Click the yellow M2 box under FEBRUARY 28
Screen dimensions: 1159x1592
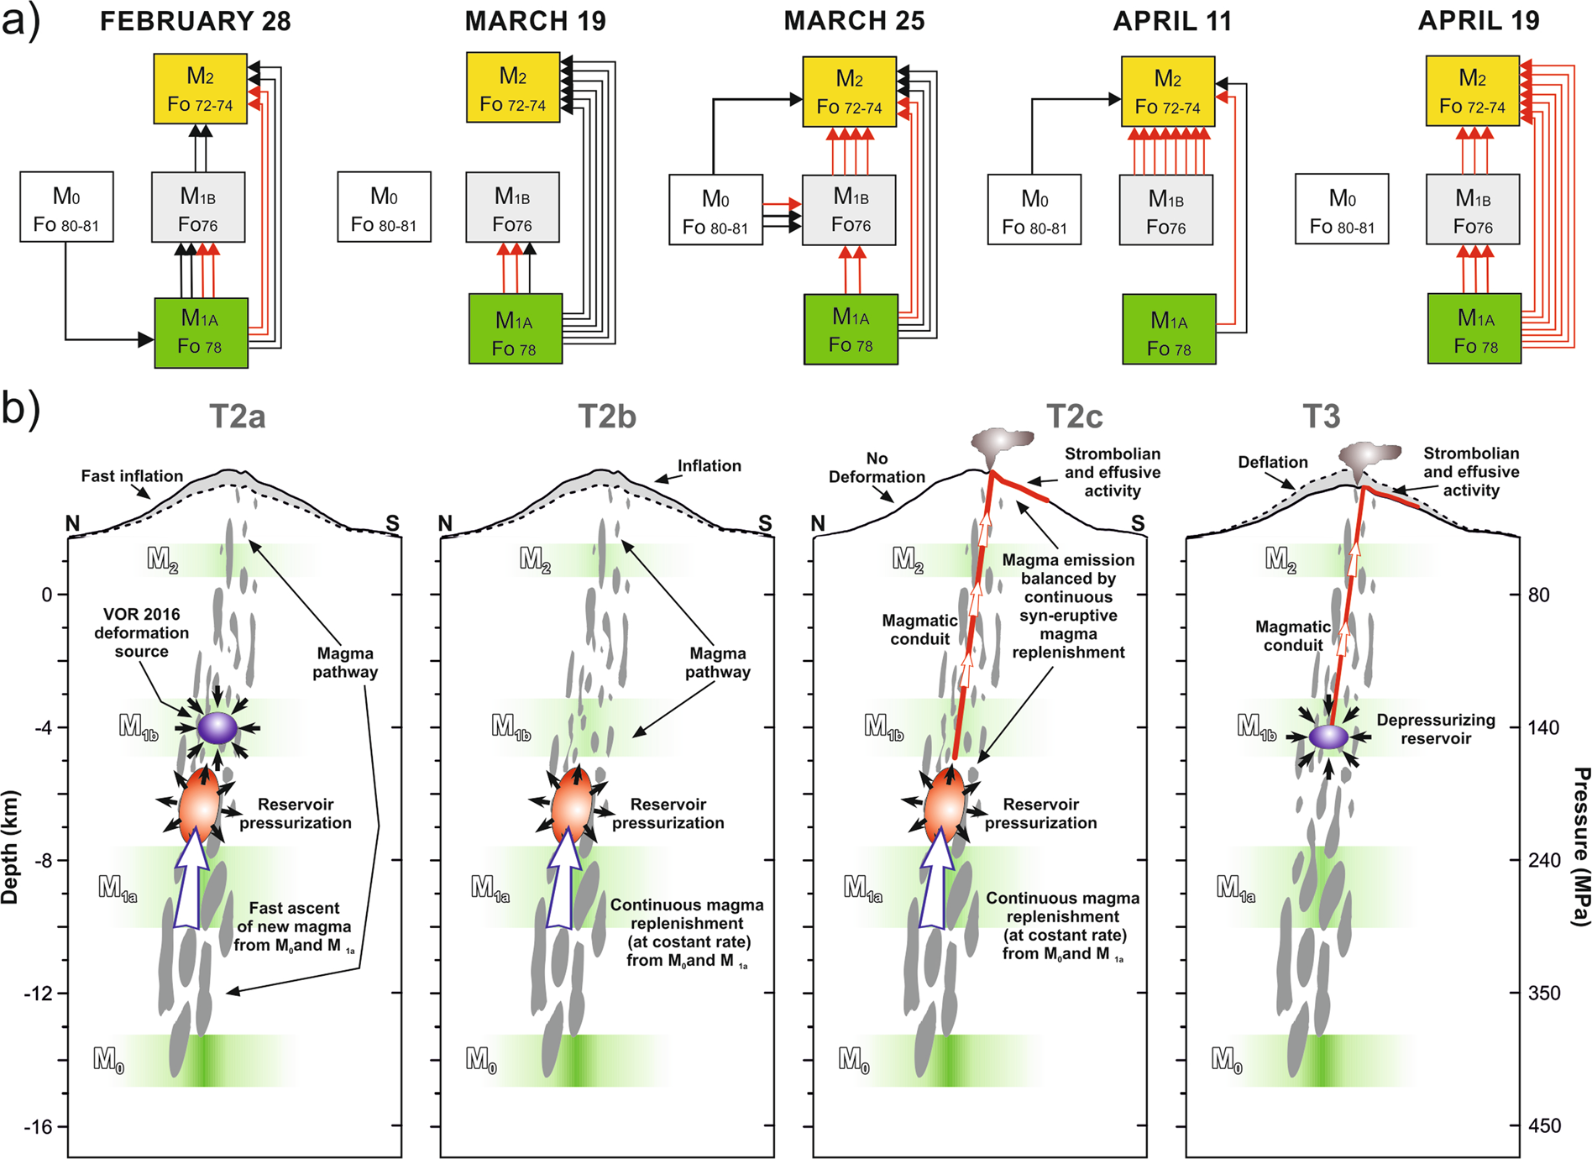(200, 89)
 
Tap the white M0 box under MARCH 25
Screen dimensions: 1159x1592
(715, 210)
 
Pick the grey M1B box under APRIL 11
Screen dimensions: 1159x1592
(1166, 209)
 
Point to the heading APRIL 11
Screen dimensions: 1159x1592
(1172, 21)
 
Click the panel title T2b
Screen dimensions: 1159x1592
(607, 417)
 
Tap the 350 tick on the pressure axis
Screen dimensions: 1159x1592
(1544, 993)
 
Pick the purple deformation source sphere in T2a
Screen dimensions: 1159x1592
(217, 727)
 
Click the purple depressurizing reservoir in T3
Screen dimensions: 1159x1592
(1328, 737)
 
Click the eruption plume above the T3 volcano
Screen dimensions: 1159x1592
(1369, 458)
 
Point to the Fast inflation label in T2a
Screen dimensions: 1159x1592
(132, 476)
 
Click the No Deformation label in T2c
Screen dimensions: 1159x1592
(877, 468)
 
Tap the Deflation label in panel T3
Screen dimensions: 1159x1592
(1272, 462)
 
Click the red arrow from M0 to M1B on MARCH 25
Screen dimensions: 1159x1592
(781, 204)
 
